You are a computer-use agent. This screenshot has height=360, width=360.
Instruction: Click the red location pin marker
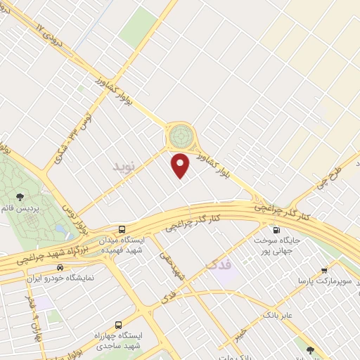[181, 165]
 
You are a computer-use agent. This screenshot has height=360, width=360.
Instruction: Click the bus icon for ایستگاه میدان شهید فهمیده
[122, 229]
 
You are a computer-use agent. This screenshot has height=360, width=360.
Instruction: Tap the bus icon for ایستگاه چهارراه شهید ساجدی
[117, 326]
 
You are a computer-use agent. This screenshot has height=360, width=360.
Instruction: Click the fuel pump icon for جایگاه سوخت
[274, 229]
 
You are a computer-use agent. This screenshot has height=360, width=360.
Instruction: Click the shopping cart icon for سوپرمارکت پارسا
[324, 271]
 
